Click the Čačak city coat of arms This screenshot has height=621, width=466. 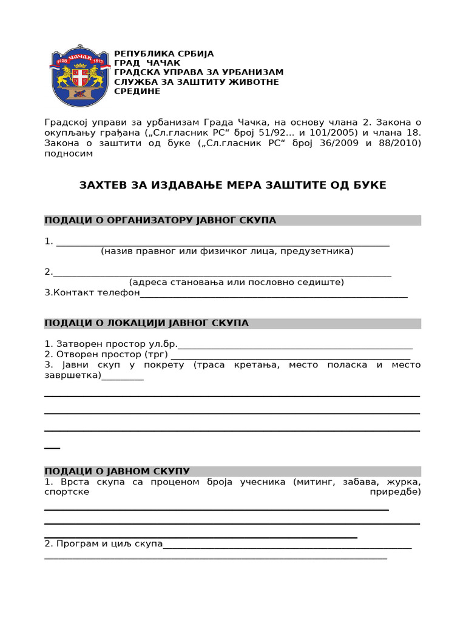pyautogui.click(x=79, y=76)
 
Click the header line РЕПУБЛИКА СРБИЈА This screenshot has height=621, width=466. pyautogui.click(x=164, y=53)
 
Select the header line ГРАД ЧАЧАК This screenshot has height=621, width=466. pyautogui.click(x=147, y=63)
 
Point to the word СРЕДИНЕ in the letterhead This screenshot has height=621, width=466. pyautogui.click(x=137, y=91)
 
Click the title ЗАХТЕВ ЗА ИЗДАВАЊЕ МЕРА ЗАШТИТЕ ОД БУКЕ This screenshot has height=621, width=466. pyautogui.click(x=232, y=185)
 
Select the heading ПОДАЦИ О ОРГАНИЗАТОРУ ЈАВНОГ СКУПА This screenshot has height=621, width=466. pyautogui.click(x=160, y=220)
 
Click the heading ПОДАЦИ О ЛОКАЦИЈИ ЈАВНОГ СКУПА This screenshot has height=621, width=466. pyautogui.click(x=146, y=323)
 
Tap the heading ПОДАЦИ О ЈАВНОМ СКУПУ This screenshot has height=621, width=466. pyautogui.click(x=117, y=471)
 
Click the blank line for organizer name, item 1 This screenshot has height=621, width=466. pyautogui.click(x=222, y=243)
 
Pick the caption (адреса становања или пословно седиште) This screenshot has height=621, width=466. pyautogui.click(x=236, y=282)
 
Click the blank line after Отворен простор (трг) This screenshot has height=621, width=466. pyautogui.click(x=290, y=355)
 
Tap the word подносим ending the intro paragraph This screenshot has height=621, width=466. pyautogui.click(x=69, y=153)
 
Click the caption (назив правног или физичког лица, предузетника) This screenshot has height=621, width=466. pyautogui.click(x=227, y=251)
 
